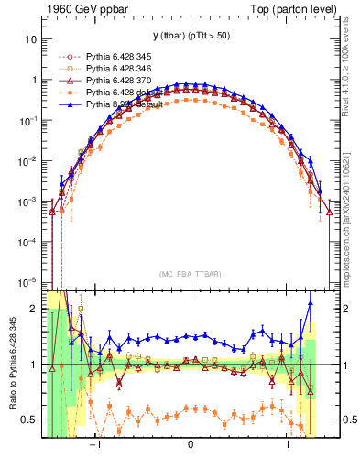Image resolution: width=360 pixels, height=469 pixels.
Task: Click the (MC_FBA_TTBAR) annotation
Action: [190, 273]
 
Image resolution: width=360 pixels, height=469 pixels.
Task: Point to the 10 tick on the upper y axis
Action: [31, 40]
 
